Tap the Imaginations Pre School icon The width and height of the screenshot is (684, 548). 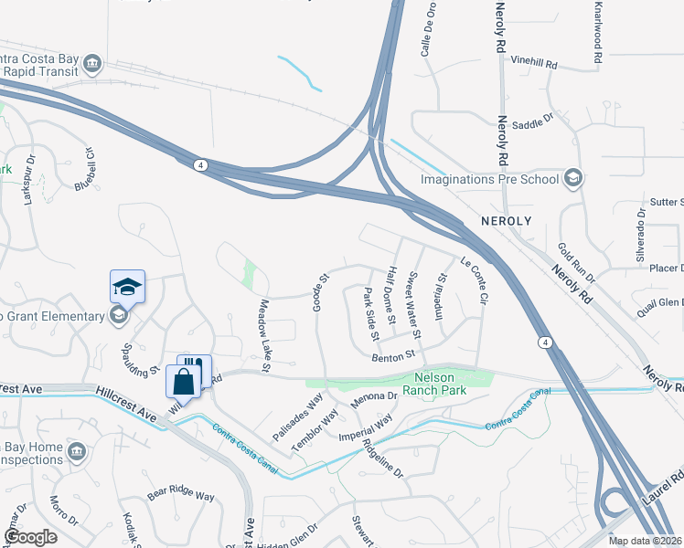click(573, 178)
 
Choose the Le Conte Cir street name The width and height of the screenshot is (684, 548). click(476, 279)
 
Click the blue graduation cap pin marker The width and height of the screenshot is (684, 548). click(128, 286)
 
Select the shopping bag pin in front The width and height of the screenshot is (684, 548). click(183, 382)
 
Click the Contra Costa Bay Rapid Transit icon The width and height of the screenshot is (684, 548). click(91, 63)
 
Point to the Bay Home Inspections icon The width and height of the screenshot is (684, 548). click(76, 451)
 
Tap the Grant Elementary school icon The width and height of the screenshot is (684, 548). click(117, 316)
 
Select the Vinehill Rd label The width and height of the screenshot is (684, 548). click(534, 64)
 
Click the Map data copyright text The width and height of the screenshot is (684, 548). click(645, 541)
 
